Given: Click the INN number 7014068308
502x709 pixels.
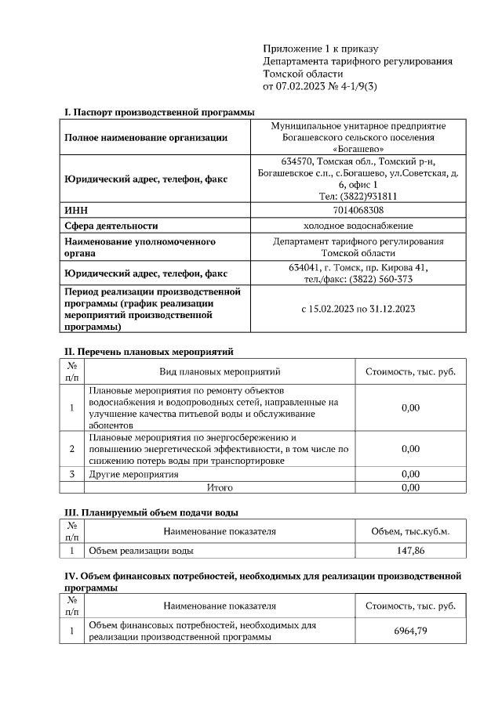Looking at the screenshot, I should (358, 210).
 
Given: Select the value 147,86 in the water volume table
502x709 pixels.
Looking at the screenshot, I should (409, 551).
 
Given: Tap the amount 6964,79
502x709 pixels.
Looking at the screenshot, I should (410, 631).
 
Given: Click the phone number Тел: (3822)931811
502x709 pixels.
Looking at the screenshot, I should (358, 197).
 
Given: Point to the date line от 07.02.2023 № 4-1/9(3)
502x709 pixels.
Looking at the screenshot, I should (321, 86).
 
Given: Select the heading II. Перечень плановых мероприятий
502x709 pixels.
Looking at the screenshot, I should (148, 352).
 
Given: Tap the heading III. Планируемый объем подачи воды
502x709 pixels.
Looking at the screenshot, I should (151, 512).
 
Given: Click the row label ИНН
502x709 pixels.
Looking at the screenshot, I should (75, 210).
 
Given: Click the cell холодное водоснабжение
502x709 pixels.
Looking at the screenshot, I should (358, 226).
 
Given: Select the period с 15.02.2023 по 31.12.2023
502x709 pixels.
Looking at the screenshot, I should (358, 309).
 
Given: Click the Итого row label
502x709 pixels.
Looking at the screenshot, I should (219, 487).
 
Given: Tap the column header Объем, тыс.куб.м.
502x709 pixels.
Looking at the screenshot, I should (409, 532).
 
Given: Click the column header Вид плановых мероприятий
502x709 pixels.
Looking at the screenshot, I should (220, 371).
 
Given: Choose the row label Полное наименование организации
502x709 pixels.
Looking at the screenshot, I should (146, 138).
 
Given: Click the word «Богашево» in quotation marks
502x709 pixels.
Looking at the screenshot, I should (358, 148).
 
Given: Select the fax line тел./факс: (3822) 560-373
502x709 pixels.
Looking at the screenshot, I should (358, 279).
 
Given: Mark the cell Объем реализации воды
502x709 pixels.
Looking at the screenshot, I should (141, 551).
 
